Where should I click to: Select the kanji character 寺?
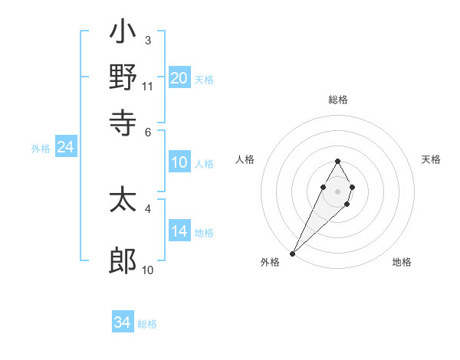pyautogui.click(x=123, y=121)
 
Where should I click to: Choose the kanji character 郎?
pyautogui.click(x=123, y=261)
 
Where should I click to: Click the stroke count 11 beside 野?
pyautogui.click(x=147, y=86)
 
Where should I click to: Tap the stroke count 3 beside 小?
pyautogui.click(x=148, y=40)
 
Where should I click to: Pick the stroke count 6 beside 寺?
pyautogui.click(x=148, y=131)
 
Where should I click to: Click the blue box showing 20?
pyautogui.click(x=179, y=77)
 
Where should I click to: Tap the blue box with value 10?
pyautogui.click(x=179, y=162)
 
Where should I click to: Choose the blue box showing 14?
pyautogui.click(x=179, y=231)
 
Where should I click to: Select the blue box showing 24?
pyautogui.click(x=65, y=147)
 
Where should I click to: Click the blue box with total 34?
pyautogui.click(x=122, y=322)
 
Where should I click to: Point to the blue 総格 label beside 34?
pyautogui.click(x=147, y=324)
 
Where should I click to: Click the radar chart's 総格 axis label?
pyautogui.click(x=337, y=100)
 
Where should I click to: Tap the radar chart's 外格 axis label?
pyautogui.click(x=270, y=262)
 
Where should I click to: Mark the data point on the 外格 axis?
pyautogui.click(x=293, y=253)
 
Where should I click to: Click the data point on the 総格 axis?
pyautogui.click(x=337, y=161)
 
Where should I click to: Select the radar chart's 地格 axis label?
pyautogui.click(x=402, y=262)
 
